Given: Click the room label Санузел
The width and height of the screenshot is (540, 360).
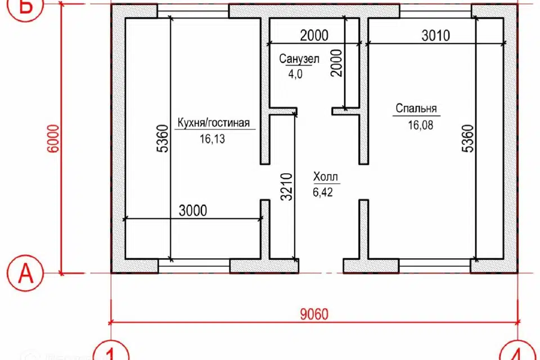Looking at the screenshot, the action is pos(299,59).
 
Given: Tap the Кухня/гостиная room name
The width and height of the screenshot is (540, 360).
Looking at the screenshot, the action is pos(214,123).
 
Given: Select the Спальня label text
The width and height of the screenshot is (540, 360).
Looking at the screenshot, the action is pos(416,109).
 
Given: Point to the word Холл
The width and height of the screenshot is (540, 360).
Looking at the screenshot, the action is pos(326,177).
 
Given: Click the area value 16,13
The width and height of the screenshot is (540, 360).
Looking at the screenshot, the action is pos(212,139).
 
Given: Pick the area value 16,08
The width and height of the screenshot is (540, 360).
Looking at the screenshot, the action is pos(421,125).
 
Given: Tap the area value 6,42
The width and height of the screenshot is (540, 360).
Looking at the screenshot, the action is pos(323,192).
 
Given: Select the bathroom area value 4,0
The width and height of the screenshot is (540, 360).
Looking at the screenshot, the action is pos(295,74).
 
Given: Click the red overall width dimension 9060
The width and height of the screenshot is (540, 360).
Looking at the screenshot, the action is pos(314,314).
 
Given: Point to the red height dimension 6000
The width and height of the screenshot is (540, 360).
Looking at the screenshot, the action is pos(53,138).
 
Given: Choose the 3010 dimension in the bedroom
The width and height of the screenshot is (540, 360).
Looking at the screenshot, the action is pos(435,35).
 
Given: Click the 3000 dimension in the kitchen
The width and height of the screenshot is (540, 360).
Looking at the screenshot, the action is pos(193,210).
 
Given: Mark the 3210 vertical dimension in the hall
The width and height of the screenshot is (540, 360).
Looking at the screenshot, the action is pos(286,187).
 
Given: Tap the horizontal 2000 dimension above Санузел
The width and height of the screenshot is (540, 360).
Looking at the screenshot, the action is pos(314,35).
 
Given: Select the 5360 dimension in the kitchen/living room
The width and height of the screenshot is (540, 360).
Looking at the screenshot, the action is pos(163,138).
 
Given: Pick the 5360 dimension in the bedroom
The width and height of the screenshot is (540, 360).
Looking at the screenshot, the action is pos(468,138).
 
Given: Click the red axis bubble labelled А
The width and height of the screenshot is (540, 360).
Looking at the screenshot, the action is pos(25,273).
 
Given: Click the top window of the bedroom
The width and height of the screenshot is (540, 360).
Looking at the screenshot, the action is pos(435,11).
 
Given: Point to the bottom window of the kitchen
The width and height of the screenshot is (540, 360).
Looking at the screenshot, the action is pos(194,266).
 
